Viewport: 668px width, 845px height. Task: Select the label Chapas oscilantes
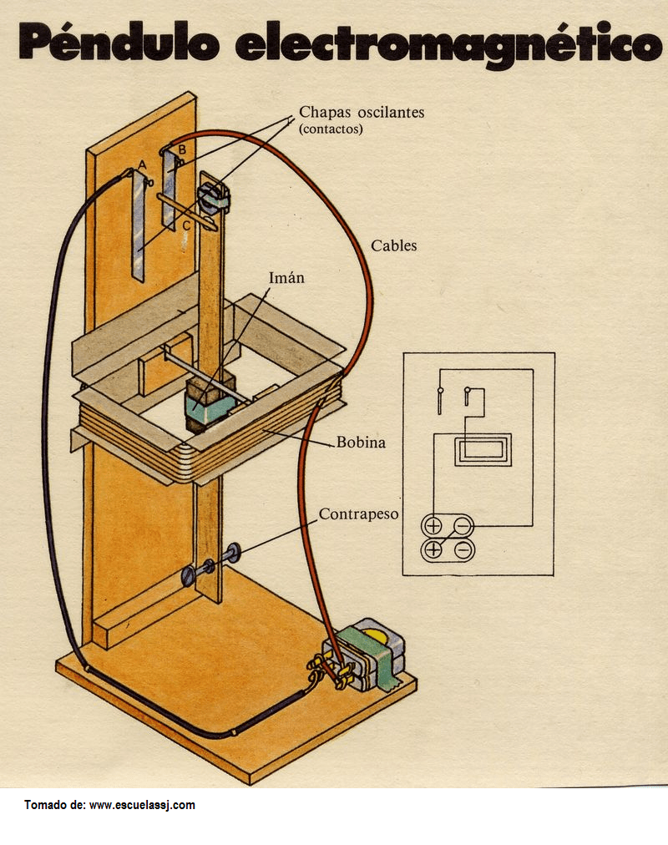click(x=362, y=112)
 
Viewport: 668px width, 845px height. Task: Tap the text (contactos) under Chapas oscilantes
click(x=331, y=129)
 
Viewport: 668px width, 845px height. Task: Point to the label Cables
click(x=393, y=245)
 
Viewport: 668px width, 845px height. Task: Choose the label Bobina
click(x=361, y=442)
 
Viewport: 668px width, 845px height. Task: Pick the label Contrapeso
click(x=358, y=514)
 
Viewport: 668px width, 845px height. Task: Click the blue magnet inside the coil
click(x=209, y=407)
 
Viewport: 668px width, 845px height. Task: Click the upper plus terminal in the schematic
click(x=433, y=525)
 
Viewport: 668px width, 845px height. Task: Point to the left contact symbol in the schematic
click(x=440, y=399)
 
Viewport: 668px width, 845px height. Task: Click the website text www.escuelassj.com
click(x=142, y=805)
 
